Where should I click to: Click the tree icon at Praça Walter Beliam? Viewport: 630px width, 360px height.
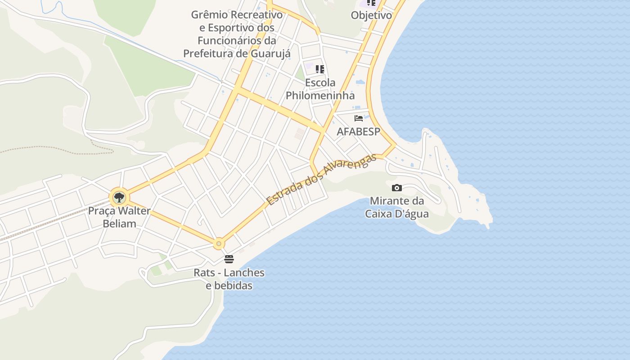[119, 197]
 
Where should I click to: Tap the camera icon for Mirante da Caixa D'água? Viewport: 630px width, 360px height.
[397, 188]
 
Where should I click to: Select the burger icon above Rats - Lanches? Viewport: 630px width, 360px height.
[229, 259]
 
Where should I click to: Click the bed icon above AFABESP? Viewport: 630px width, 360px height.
[359, 118]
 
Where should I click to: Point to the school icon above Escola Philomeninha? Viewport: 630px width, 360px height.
[320, 69]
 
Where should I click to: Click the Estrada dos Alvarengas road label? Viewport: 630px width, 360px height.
[321, 180]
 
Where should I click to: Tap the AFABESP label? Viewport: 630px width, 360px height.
[359, 132]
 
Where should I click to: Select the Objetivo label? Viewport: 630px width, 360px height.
[371, 15]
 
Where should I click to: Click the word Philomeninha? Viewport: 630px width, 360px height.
[320, 95]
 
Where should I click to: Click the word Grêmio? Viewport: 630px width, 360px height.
[210, 14]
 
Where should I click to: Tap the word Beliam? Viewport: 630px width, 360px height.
[119, 223]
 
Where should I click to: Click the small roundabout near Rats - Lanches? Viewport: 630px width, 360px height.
[219, 244]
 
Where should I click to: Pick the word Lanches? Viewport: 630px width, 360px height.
[244, 273]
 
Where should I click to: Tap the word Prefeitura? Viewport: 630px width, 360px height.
[209, 54]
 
